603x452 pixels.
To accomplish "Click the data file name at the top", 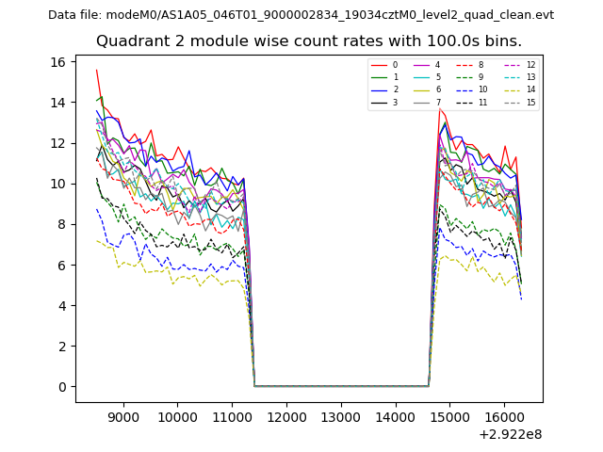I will tap(301, 15).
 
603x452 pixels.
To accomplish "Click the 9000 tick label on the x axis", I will tap(123, 414).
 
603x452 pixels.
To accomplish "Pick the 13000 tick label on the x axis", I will tap(340, 414).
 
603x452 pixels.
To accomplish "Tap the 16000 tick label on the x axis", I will tap(502, 414).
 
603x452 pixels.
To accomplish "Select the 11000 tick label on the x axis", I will tap(232, 414).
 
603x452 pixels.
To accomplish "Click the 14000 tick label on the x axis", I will tap(394, 414).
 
